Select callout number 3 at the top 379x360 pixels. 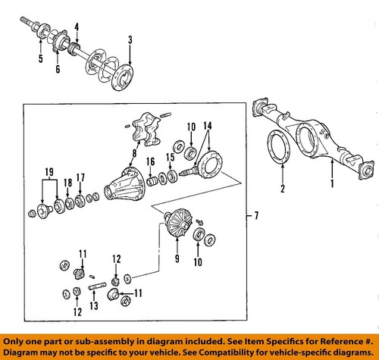[130, 39]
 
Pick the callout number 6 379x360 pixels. [57, 69]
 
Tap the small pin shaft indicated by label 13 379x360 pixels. [95, 286]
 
